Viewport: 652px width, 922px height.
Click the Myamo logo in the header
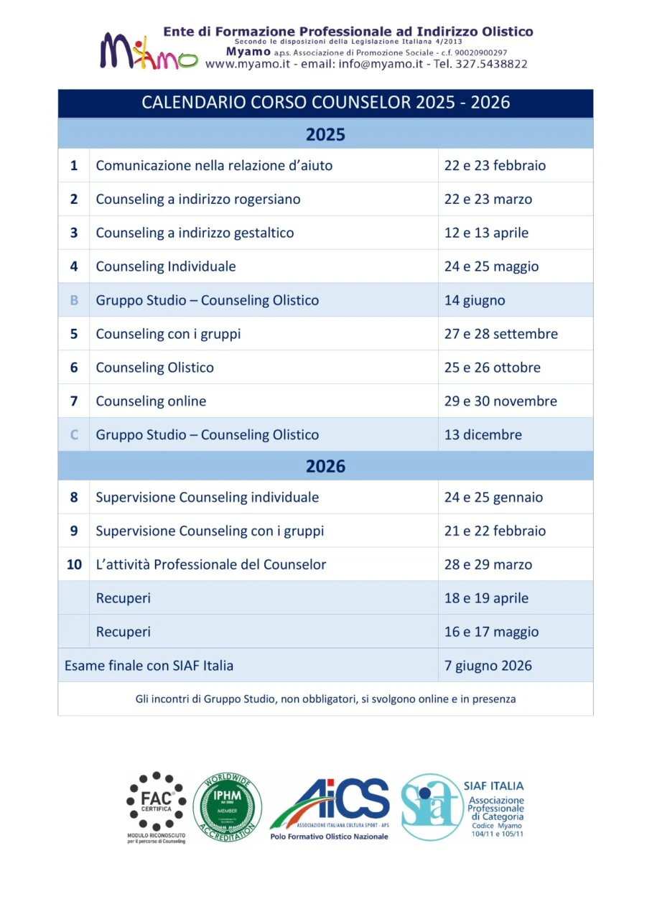tap(148, 52)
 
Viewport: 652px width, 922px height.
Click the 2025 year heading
tap(325, 134)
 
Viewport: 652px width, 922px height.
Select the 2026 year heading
tap(325, 466)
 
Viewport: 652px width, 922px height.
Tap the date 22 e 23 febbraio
tap(495, 166)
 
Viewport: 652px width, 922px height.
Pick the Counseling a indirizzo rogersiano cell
tap(198, 199)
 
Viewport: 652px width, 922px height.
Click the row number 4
tap(74, 266)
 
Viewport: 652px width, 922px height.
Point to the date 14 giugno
tap(474, 300)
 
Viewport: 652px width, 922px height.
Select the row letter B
tap(74, 300)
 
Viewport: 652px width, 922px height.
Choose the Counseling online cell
tap(151, 401)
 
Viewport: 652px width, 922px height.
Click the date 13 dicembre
tap(483, 434)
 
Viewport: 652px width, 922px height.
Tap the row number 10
tap(74, 564)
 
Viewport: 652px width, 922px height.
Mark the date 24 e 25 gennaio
tap(493, 497)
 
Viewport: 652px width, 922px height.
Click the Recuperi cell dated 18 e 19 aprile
tap(124, 598)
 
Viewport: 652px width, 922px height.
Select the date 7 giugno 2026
tap(488, 666)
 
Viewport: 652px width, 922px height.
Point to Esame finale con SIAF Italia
tap(149, 666)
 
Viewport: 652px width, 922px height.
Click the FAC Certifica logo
tap(156, 806)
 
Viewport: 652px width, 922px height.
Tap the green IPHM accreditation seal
tap(227, 807)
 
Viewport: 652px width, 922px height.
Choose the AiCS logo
tap(331, 807)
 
